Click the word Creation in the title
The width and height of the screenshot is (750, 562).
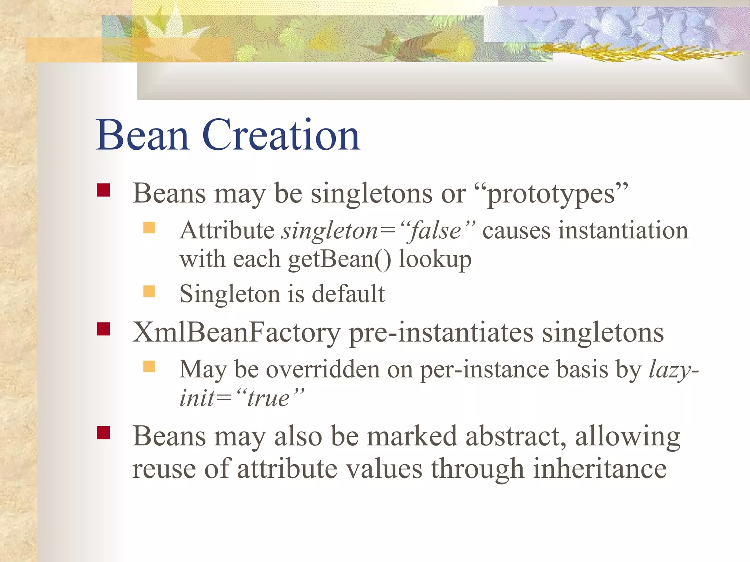click(x=281, y=135)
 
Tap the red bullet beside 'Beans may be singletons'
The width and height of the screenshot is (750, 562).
click(x=104, y=190)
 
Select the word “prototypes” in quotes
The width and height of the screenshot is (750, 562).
click(x=551, y=194)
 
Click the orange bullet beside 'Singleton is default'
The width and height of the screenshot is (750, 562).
click(x=149, y=291)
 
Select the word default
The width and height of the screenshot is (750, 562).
click(x=348, y=294)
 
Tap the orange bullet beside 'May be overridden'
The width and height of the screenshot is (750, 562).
click(x=149, y=366)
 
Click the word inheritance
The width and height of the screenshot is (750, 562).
click(x=599, y=469)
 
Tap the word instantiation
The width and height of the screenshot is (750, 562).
click(x=623, y=231)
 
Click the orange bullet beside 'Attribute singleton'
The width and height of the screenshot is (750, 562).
click(x=149, y=228)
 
